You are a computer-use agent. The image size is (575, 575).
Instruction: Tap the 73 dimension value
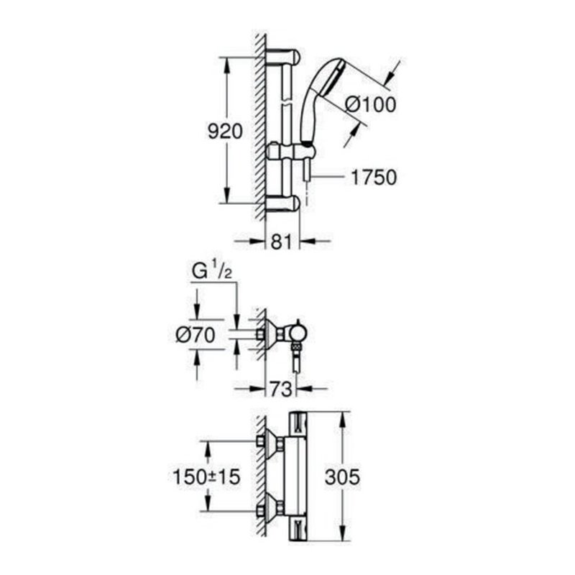point(281,390)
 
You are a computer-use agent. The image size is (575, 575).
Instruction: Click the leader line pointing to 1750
point(327,176)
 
